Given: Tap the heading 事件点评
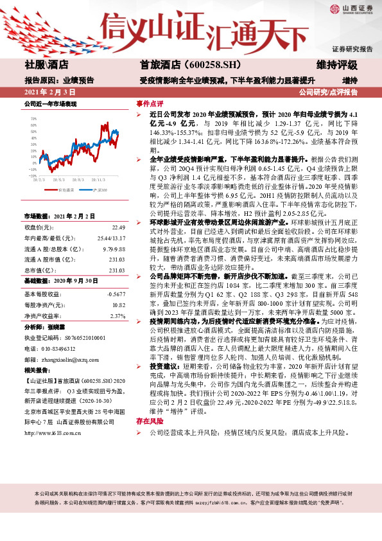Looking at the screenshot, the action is pos(150,103).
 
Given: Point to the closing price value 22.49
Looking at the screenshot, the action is pos(117,227).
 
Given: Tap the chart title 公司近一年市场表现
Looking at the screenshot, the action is pos(50,103).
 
